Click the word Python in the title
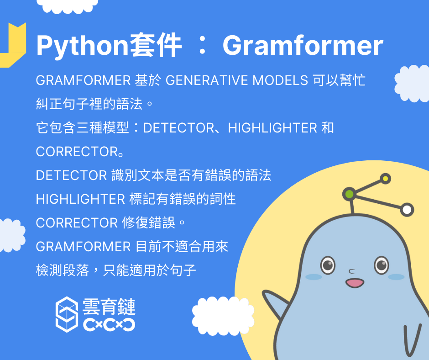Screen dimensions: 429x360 [x=82, y=46]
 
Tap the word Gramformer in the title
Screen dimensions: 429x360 [x=303, y=45]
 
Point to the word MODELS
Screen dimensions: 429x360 [x=280, y=80]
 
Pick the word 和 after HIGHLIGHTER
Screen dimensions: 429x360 [x=328, y=127]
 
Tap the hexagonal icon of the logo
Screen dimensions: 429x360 [x=67, y=314]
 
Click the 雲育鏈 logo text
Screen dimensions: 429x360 [x=109, y=307]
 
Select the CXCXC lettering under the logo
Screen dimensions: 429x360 [x=109, y=325]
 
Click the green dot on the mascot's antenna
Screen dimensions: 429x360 [x=350, y=194]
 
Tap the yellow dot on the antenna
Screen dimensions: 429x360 [x=386, y=179]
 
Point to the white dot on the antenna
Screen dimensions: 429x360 [x=407, y=210]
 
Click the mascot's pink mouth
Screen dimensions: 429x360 [x=355, y=283]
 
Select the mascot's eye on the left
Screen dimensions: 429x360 [x=328, y=265]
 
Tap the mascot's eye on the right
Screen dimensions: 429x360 [x=382, y=265]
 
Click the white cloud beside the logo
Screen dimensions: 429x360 [x=223, y=316]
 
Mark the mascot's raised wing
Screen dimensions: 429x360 [x=276, y=305]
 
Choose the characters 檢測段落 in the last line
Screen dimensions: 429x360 [x=63, y=270]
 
